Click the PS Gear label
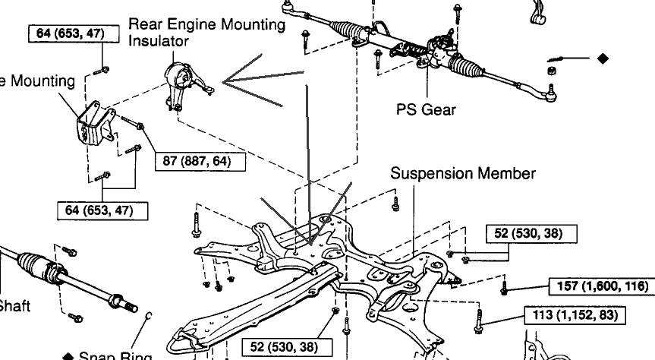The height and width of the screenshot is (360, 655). [x=426, y=109]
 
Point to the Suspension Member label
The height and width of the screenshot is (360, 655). [x=463, y=173]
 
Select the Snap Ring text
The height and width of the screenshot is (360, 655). [x=115, y=355]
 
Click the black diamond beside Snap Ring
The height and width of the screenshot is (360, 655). [x=68, y=356]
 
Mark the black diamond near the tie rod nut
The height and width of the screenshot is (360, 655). [x=603, y=57]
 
